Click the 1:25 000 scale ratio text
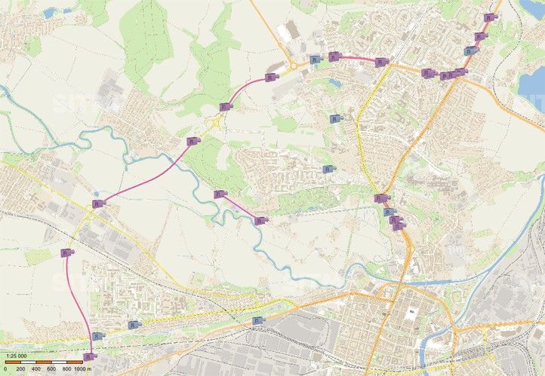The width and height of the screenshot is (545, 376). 16,356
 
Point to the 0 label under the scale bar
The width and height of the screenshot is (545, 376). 5,369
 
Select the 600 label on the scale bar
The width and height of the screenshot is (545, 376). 51,369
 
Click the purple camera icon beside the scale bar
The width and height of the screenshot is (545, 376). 89,356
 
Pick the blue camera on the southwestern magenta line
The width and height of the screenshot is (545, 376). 97,335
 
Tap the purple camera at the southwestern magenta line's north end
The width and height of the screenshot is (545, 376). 66,253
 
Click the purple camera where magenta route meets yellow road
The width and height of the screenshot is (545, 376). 97,203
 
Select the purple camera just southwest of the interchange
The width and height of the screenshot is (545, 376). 192,141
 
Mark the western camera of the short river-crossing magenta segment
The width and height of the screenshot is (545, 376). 219,194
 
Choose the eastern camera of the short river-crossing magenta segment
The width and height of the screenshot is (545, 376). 260,220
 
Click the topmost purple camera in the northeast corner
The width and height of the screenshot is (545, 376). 490,17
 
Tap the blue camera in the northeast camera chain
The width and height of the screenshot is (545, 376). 470,51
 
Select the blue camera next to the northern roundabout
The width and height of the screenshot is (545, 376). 313,59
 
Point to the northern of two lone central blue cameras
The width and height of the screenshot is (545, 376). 334,118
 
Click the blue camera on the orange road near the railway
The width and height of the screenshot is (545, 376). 257,320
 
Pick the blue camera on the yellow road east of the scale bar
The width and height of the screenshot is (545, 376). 134,325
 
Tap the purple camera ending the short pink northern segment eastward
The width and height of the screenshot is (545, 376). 381,62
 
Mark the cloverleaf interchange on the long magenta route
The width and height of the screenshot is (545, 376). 218,121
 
